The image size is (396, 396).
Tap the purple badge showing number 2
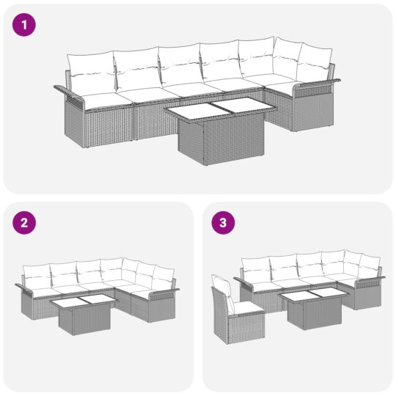pyautogui.click(x=24, y=224)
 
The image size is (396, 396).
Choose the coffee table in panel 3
pyautogui.click(x=311, y=307)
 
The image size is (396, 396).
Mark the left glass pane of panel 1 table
pyautogui.click(x=192, y=110)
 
